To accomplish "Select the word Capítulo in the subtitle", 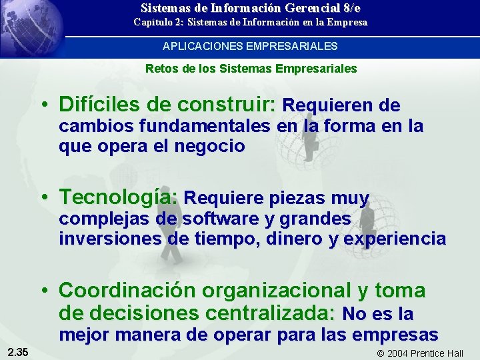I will [x=152, y=23].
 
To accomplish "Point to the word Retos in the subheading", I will [x=159, y=69].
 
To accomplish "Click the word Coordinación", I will [x=127, y=291].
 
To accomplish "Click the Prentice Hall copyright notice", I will [x=420, y=353].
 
